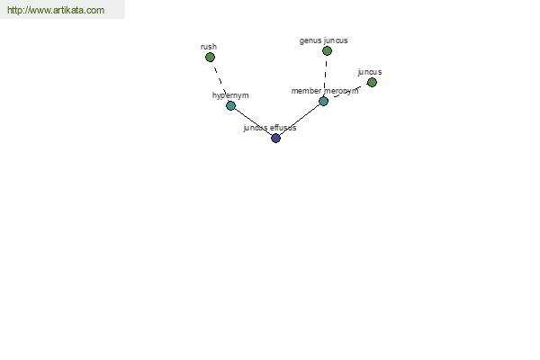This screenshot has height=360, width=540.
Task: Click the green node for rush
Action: click(x=210, y=58)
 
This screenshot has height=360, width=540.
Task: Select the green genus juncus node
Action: click(x=327, y=51)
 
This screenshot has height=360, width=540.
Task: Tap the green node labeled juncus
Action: click(x=372, y=82)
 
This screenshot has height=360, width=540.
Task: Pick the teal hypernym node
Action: click(x=230, y=105)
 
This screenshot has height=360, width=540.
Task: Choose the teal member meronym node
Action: click(x=323, y=102)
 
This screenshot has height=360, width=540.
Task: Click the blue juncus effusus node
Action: click(x=275, y=138)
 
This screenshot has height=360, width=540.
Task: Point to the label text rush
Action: click(x=209, y=47)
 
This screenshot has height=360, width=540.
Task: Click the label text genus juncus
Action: click(x=323, y=40)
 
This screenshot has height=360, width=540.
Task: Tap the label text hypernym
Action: click(x=230, y=95)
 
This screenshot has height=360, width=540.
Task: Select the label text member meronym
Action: click(x=325, y=91)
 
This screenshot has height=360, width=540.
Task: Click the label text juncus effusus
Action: click(x=270, y=128)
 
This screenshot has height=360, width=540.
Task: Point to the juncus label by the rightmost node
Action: click(x=370, y=72)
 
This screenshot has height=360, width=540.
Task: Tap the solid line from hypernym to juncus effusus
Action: click(x=253, y=122)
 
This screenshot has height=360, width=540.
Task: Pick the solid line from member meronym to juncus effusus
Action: click(x=300, y=120)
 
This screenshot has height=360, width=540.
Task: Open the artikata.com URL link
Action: click(x=56, y=10)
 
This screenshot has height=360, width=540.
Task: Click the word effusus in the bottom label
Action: click(x=283, y=128)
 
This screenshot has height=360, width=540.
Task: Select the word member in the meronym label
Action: click(x=306, y=91)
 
